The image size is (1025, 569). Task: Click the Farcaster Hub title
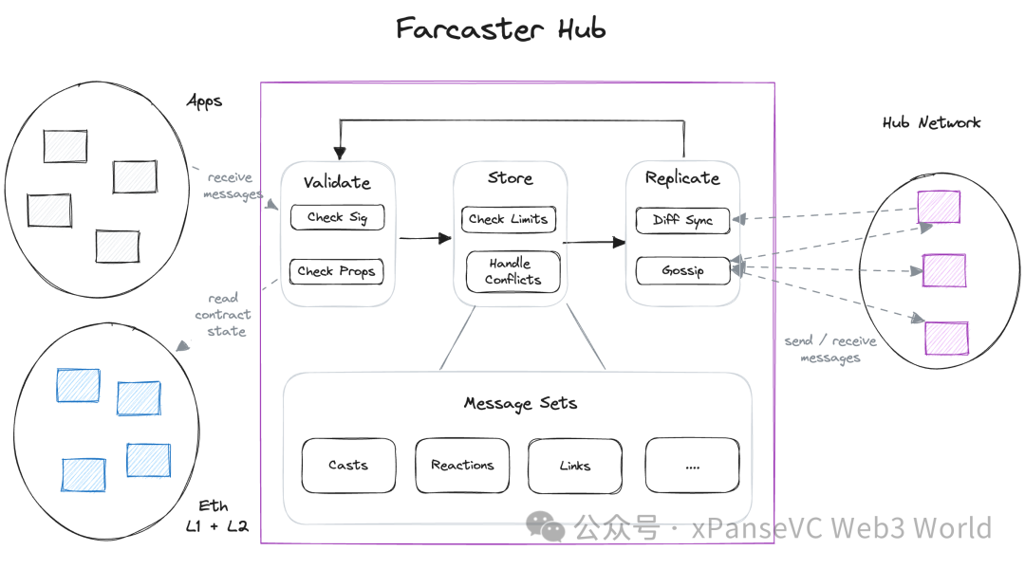[x=500, y=28]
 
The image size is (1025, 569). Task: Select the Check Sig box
[x=337, y=217]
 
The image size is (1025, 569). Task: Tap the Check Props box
[x=336, y=271]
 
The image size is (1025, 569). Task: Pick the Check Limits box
[x=508, y=219]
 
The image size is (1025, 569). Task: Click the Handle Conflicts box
[x=512, y=271]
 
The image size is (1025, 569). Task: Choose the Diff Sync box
[x=682, y=220]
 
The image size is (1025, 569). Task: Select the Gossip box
[x=682, y=270]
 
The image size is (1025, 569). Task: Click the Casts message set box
[x=348, y=465]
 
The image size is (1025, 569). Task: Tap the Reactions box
[x=462, y=465]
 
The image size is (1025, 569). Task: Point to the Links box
[x=574, y=466]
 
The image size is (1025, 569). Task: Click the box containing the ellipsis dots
[x=692, y=466]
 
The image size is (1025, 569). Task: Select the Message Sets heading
[x=520, y=403]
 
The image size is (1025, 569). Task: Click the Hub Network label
[x=931, y=122]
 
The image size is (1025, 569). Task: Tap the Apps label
[x=204, y=101]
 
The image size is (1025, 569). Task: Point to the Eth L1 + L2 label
[x=215, y=516]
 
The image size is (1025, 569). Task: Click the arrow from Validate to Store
[x=424, y=238]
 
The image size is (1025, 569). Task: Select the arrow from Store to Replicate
[x=595, y=243]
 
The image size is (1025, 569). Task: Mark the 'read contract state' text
[x=224, y=315]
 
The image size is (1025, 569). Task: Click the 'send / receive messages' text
[x=830, y=349]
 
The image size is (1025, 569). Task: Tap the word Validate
[x=337, y=182]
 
